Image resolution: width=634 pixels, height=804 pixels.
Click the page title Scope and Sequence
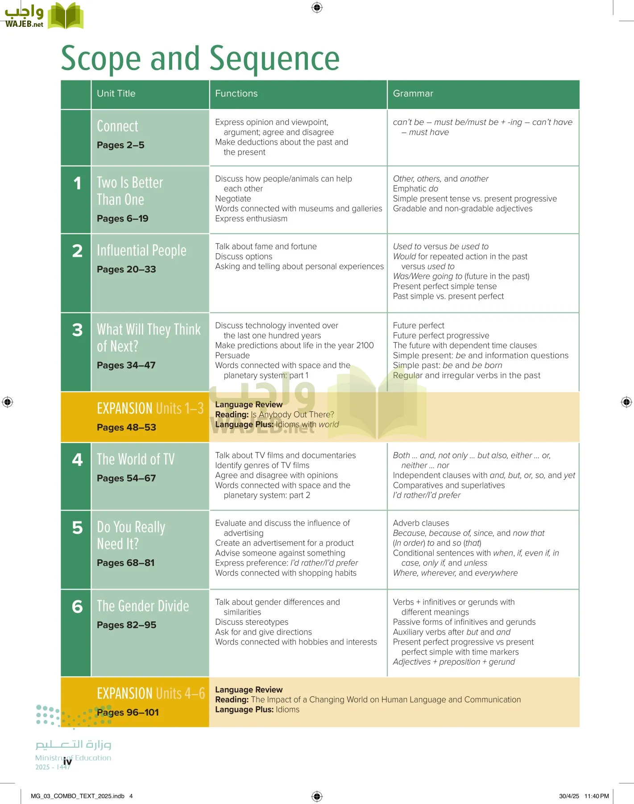click(x=200, y=59)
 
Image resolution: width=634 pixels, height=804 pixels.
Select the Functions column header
click(x=236, y=93)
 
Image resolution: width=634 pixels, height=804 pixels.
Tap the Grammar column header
click(x=413, y=93)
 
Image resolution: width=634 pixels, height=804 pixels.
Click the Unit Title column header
click(x=116, y=93)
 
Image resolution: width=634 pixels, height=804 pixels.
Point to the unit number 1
click(x=77, y=183)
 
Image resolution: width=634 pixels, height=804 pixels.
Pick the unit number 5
click(x=77, y=528)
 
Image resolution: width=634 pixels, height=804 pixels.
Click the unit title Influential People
click(x=141, y=250)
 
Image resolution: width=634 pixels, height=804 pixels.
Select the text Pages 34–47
click(x=126, y=365)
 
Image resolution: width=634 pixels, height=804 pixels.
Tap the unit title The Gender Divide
click(x=143, y=606)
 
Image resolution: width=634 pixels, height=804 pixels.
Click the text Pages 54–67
click(x=126, y=478)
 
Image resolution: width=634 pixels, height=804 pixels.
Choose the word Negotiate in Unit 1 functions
click(x=233, y=199)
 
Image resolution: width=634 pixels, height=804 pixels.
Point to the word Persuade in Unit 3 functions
click(x=232, y=356)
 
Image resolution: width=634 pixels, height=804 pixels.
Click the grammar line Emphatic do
click(x=415, y=188)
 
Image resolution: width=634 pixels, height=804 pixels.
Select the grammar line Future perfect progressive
click(x=441, y=335)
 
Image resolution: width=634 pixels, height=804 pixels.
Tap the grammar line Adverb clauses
click(x=421, y=523)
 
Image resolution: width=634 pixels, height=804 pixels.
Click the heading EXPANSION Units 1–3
click(x=150, y=408)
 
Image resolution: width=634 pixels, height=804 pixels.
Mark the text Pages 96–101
click(x=128, y=712)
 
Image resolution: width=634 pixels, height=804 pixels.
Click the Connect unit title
click(x=117, y=126)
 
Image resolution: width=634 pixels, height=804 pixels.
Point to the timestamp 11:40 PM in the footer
click(x=597, y=796)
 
